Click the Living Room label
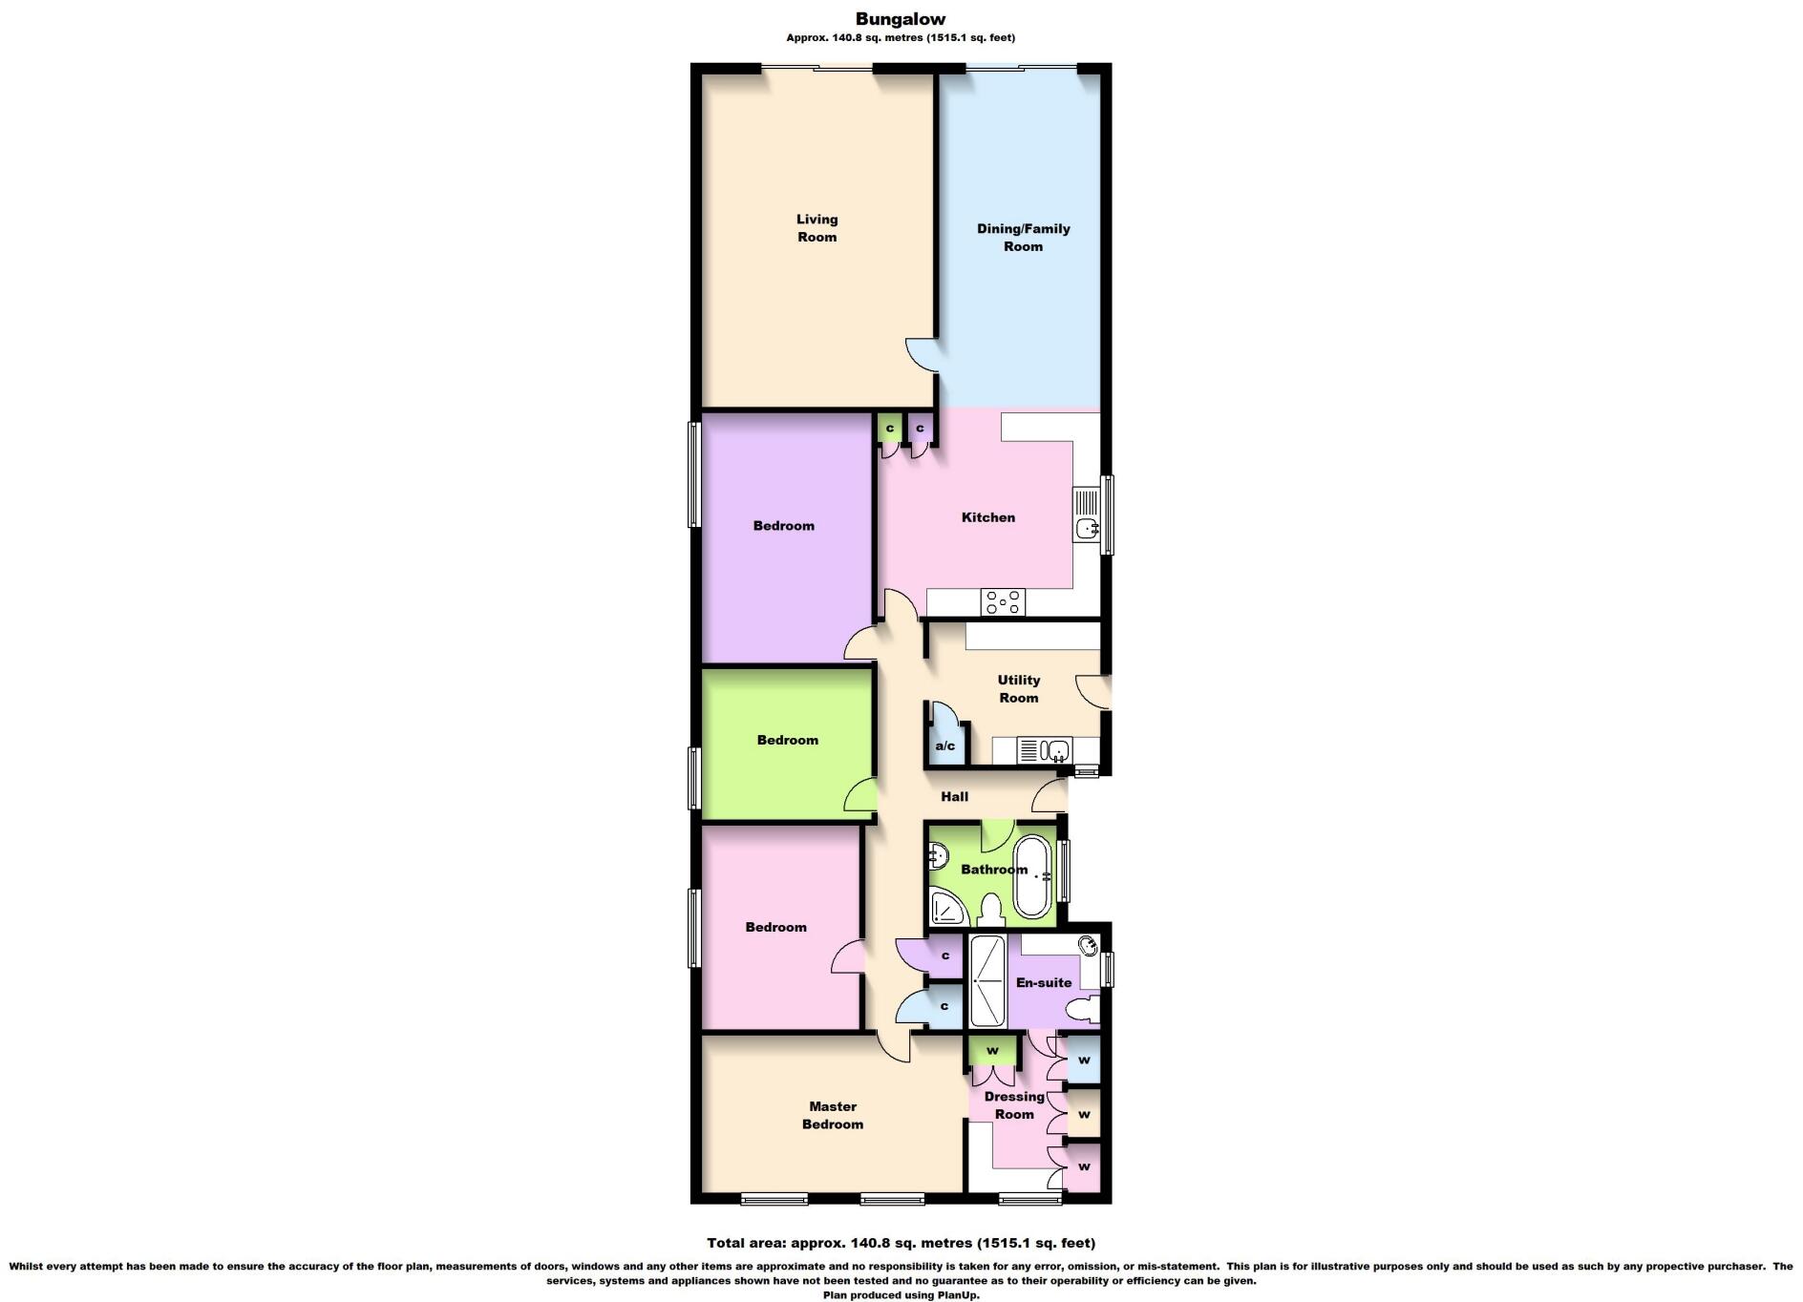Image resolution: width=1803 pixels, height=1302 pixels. [817, 228]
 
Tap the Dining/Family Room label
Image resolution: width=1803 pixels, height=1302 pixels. [1023, 237]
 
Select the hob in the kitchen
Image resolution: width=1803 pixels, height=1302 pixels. [1004, 602]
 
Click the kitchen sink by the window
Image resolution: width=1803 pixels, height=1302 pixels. [1087, 526]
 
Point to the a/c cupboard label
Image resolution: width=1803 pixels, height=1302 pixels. [944, 745]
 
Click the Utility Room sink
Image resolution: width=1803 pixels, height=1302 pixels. [1056, 750]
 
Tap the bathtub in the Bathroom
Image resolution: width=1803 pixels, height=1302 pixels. [1031, 876]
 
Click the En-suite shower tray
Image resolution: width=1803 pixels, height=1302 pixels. [987, 981]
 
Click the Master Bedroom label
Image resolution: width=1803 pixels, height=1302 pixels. [832, 1115]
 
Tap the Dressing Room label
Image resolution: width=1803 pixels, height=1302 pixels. [1014, 1105]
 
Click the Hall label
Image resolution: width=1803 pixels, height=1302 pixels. [954, 796]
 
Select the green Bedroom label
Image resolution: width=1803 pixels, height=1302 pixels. [787, 740]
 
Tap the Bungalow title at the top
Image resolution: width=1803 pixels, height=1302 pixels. [900, 18]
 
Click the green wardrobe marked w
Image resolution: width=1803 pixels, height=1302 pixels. [992, 1050]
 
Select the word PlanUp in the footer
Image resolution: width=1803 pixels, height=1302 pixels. [957, 1295]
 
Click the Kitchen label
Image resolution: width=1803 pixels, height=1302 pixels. [987, 517]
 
